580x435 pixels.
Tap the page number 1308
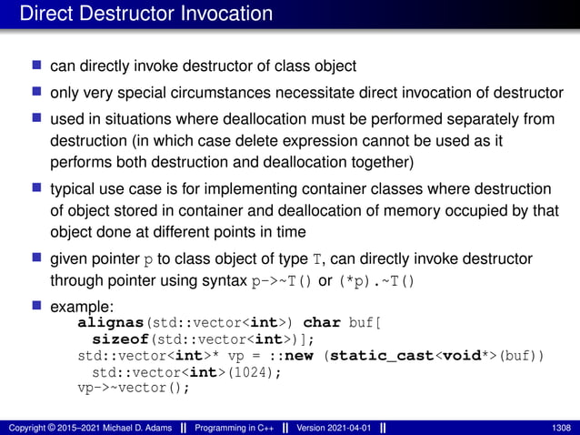(x=561, y=428)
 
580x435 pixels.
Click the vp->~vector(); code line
(x=134, y=388)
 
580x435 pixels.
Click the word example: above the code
(x=80, y=306)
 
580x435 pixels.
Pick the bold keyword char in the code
(x=321, y=322)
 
